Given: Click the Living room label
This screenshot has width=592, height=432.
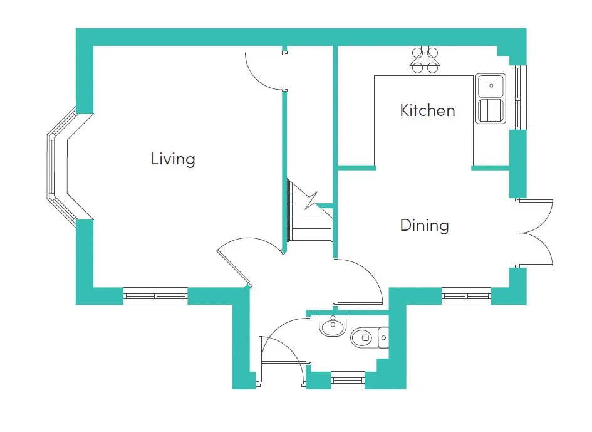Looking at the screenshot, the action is [x=173, y=159].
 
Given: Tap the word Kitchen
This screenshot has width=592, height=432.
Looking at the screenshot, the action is [x=427, y=110].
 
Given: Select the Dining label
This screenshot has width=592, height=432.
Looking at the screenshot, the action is [x=424, y=225].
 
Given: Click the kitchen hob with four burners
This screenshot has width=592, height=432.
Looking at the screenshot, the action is [x=425, y=60].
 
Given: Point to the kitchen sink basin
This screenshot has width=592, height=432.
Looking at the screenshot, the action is [x=491, y=86].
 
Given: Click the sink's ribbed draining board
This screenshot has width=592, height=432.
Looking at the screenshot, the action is [x=491, y=111].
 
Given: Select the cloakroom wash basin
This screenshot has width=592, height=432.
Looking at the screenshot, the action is [x=333, y=326].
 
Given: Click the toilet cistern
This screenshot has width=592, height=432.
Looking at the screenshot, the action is [x=383, y=337].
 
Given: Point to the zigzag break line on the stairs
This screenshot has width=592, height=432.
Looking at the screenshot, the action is [x=311, y=201].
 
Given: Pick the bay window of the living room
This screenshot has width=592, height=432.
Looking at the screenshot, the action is [x=62, y=167].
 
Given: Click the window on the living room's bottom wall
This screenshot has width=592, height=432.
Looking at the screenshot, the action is [x=155, y=296].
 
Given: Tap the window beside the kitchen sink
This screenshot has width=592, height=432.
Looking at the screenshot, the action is [x=517, y=98].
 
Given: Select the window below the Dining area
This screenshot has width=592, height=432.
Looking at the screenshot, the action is [x=466, y=296].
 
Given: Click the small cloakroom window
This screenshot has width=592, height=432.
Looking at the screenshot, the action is [x=348, y=380].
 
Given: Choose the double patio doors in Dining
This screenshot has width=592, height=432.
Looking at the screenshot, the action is [x=536, y=233].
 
